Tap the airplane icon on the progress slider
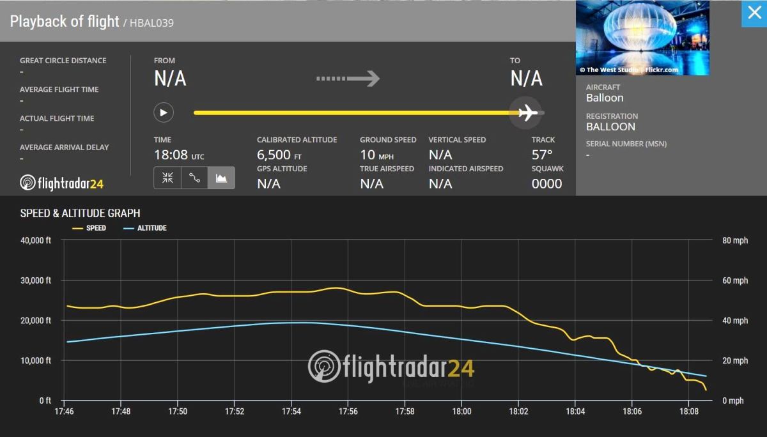coord(527,113)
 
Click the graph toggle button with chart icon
coord(221,178)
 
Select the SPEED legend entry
coord(89,228)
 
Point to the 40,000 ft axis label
coord(36,241)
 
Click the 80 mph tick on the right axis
coord(735,241)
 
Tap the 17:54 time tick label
coord(291,412)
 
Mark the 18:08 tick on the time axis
coord(688,412)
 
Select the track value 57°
coord(541,155)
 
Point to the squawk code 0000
coord(546,184)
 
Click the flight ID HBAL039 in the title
coord(151,23)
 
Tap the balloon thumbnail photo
coord(642,38)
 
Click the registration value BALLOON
coord(610,126)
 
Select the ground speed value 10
coord(368,155)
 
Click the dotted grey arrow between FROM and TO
coord(348,79)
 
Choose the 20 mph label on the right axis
coord(735,361)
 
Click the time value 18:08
coord(171,155)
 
